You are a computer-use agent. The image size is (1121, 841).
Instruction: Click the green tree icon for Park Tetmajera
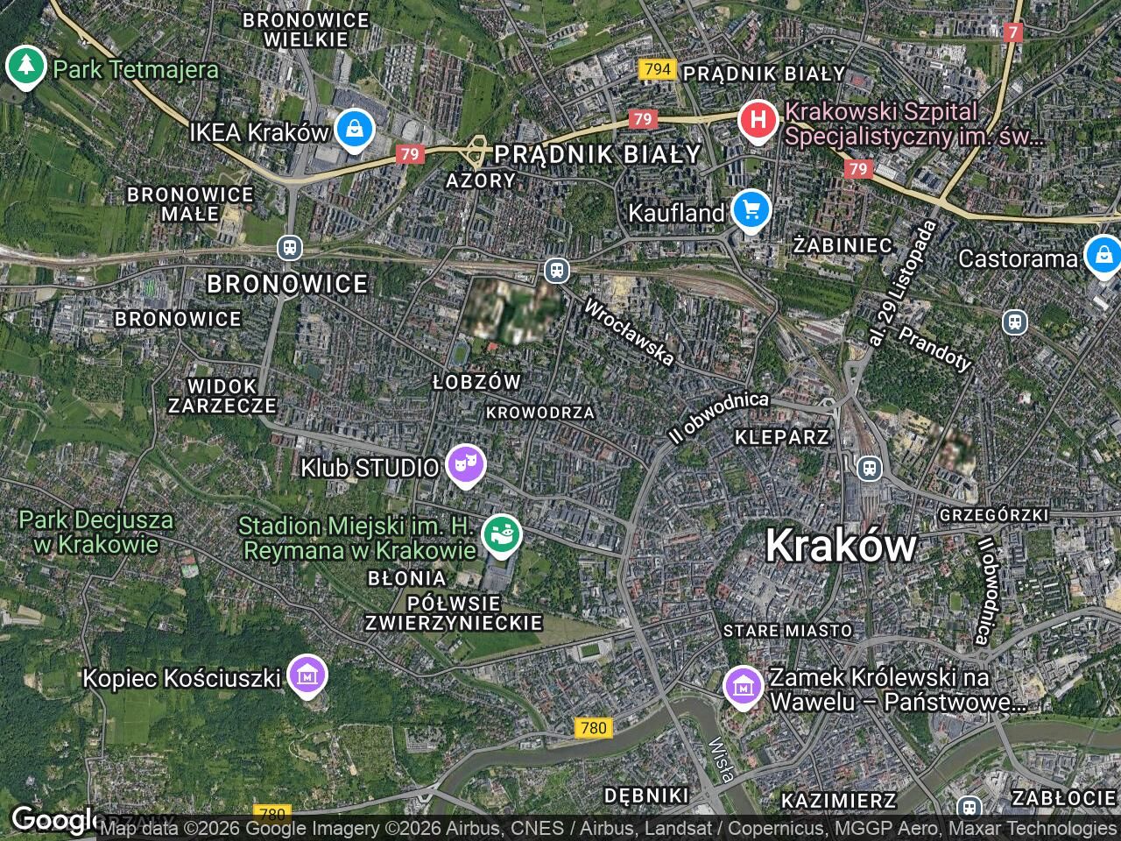click(26, 67)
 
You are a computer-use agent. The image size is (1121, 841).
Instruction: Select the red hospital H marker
click(758, 120)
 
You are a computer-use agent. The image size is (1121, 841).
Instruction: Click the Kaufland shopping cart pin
click(750, 211)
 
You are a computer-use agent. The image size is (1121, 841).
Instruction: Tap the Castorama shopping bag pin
click(1103, 256)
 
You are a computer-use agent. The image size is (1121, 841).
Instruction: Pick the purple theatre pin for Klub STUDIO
click(465, 466)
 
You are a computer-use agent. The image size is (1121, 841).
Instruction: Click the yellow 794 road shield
click(657, 69)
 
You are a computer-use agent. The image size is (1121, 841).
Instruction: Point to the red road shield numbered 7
click(1013, 32)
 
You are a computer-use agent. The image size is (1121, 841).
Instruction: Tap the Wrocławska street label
click(629, 333)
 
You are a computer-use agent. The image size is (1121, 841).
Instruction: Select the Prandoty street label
click(935, 349)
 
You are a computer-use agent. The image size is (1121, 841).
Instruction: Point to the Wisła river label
click(723, 760)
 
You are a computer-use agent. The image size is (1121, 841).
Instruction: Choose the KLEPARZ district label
click(781, 436)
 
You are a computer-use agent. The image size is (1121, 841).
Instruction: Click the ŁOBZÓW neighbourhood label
click(477, 382)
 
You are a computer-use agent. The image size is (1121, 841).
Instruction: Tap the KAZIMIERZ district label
click(838, 800)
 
